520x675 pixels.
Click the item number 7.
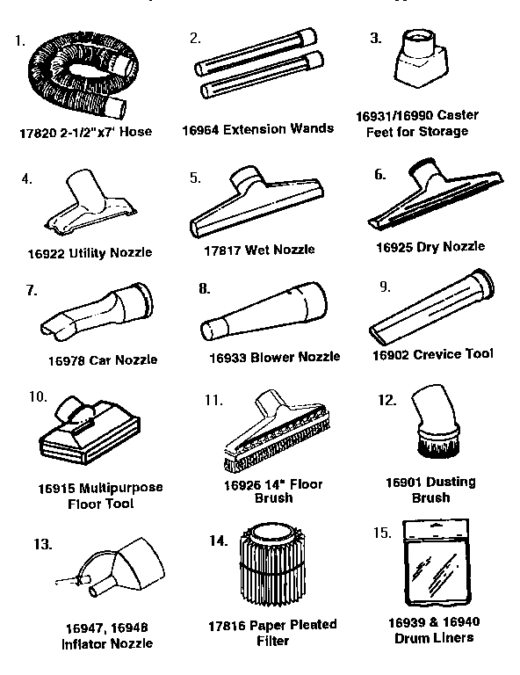32,290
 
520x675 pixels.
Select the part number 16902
393,354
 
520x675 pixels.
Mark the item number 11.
213,399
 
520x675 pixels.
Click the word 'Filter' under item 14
272,641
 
